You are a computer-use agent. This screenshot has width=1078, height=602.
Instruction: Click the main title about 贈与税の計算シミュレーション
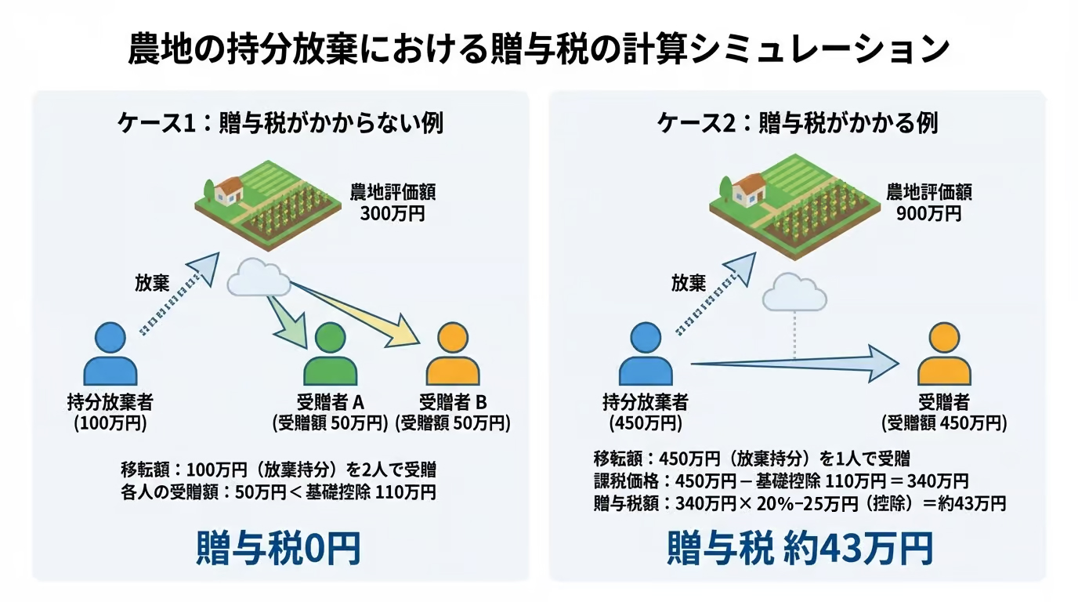(x=538, y=49)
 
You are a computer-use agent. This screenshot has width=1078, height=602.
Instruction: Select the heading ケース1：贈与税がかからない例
(x=280, y=123)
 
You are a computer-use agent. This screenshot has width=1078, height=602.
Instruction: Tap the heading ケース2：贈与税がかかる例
(x=798, y=123)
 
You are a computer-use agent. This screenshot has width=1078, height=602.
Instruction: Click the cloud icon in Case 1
(x=256, y=278)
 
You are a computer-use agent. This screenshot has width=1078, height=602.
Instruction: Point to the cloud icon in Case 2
(x=794, y=294)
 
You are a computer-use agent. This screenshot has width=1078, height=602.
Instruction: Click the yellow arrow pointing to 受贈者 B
(x=368, y=314)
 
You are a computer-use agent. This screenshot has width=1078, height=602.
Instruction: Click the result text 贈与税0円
(x=278, y=548)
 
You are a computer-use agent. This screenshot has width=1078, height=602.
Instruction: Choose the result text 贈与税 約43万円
(x=799, y=548)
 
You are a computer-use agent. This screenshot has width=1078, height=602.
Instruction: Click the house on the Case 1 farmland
(x=228, y=190)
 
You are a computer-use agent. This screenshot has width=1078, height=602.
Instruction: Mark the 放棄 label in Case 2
(x=689, y=283)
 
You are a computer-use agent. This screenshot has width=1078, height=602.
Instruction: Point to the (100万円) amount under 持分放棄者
(x=110, y=424)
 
